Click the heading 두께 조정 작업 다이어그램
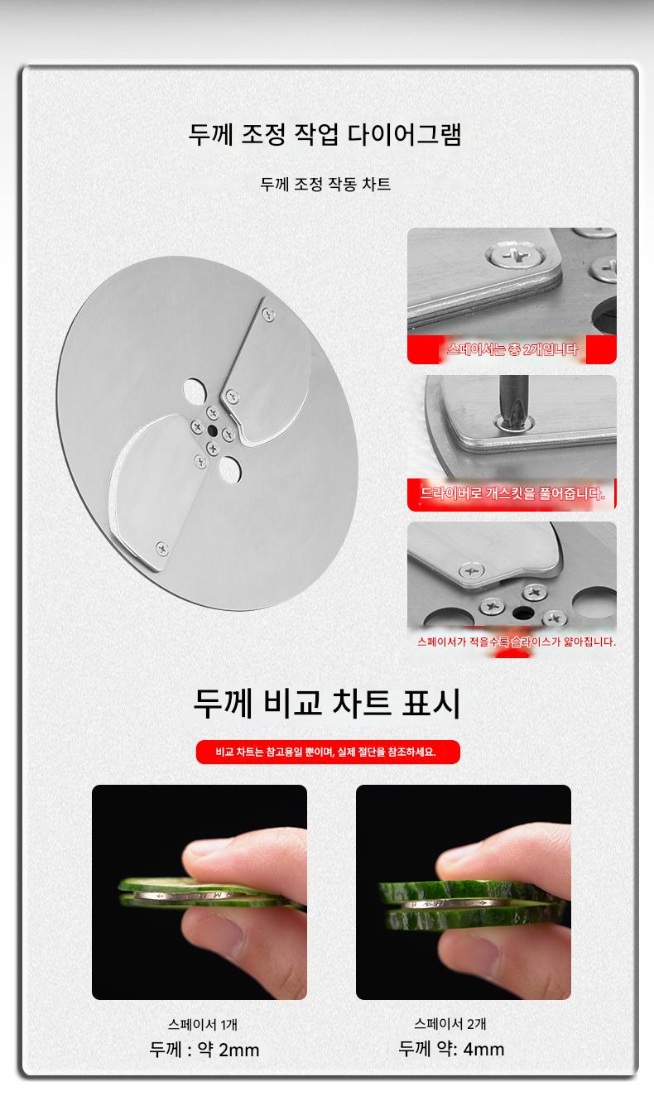point(325,134)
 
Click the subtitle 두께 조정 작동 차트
point(325,185)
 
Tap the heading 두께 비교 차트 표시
point(327,704)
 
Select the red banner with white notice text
point(328,752)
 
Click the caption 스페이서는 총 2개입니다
point(512,349)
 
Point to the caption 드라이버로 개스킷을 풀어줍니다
point(512,493)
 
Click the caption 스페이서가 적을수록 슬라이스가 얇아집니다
point(517,642)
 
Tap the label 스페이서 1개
point(203,1025)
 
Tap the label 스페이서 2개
point(450,1024)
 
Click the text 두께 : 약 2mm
point(204,1050)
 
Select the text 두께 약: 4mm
point(451,1048)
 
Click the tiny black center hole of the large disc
point(212,430)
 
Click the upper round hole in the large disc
point(194,391)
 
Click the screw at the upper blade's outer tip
point(268,315)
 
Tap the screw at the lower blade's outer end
point(161,549)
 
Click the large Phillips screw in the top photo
point(515,256)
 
